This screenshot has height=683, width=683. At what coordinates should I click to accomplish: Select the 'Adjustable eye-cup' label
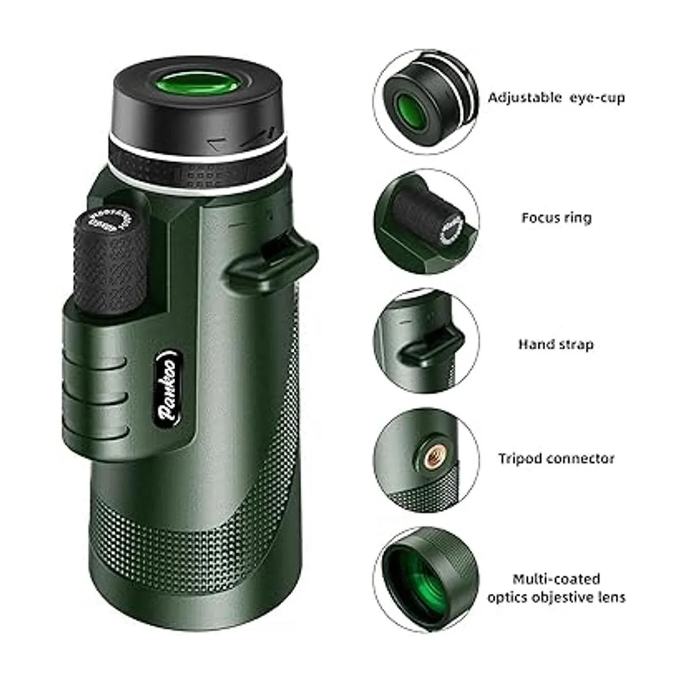(556, 97)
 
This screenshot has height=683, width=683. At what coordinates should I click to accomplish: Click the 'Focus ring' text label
(556, 217)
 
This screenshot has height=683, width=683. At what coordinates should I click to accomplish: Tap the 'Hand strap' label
(556, 344)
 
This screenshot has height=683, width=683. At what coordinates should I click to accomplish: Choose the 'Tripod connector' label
(556, 459)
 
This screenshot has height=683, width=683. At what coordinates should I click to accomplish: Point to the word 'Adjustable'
(524, 97)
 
